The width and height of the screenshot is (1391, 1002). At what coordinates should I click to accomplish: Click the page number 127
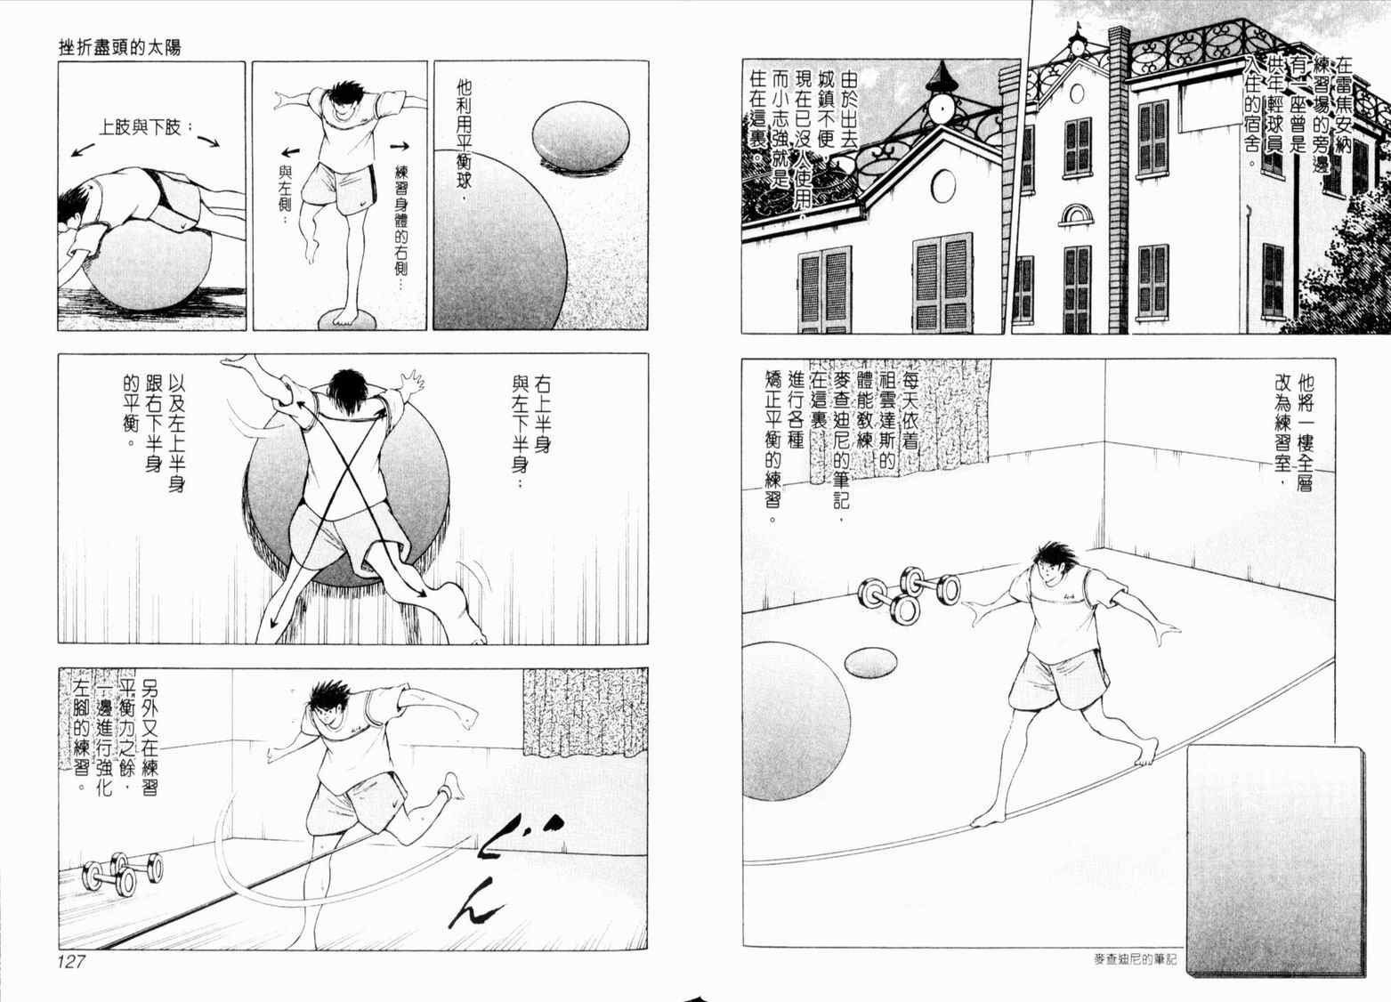tap(71, 962)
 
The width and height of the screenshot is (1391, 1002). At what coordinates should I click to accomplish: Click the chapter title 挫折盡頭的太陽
tap(120, 48)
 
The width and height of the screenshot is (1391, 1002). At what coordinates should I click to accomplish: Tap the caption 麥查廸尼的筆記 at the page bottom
tap(1135, 959)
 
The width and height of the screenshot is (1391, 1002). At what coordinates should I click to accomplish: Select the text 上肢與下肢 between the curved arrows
tap(141, 128)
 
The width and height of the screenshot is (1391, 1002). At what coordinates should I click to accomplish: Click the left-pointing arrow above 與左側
tap(291, 152)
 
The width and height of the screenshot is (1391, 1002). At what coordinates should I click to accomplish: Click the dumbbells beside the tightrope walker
tap(909, 594)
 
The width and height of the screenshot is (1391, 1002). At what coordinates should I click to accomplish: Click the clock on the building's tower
tap(941, 109)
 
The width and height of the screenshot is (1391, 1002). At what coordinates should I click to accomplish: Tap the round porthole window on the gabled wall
tap(943, 186)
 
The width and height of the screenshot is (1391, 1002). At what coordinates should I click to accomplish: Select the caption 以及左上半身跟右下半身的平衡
tap(154, 432)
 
